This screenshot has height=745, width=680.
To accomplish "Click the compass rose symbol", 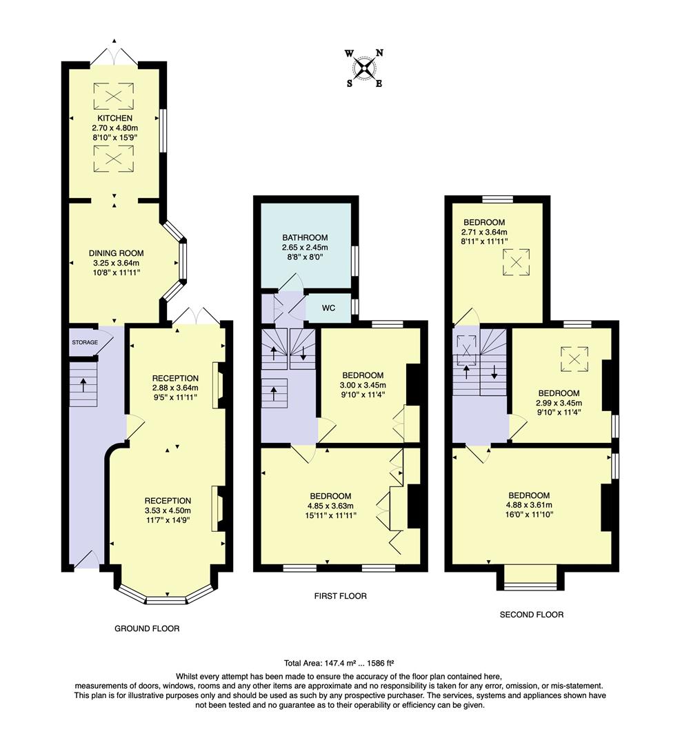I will pyautogui.click(x=364, y=68).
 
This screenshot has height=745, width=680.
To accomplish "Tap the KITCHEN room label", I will pyautogui.click(x=114, y=119).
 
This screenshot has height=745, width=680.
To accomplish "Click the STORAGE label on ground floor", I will pyautogui.click(x=83, y=342).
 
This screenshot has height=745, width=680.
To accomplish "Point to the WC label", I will pyautogui.click(x=328, y=308).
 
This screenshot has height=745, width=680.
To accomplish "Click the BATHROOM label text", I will pyautogui.click(x=305, y=238).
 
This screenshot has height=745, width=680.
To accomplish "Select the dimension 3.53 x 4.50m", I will pyautogui.click(x=168, y=510).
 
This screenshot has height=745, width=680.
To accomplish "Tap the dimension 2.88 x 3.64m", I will pyautogui.click(x=175, y=388).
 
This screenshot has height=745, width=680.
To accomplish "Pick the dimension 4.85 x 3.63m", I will pyautogui.click(x=330, y=506).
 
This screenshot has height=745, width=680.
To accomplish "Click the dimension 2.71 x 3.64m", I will pyautogui.click(x=483, y=232).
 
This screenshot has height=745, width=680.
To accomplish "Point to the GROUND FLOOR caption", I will pyautogui.click(x=147, y=628).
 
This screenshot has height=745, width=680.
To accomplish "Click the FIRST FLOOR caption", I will pyautogui.click(x=338, y=596).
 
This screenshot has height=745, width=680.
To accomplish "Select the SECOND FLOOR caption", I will pyautogui.click(x=531, y=614).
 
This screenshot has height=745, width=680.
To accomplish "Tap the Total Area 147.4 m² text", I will pyautogui.click(x=338, y=661).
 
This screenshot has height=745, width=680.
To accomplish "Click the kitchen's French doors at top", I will pyautogui.click(x=114, y=55).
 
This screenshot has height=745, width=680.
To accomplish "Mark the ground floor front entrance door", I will pyautogui.click(x=85, y=560).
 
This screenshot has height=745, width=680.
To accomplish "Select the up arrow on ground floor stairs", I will pyautogui.click(x=83, y=384).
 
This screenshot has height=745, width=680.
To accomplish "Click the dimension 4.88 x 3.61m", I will pyautogui.click(x=528, y=505).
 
